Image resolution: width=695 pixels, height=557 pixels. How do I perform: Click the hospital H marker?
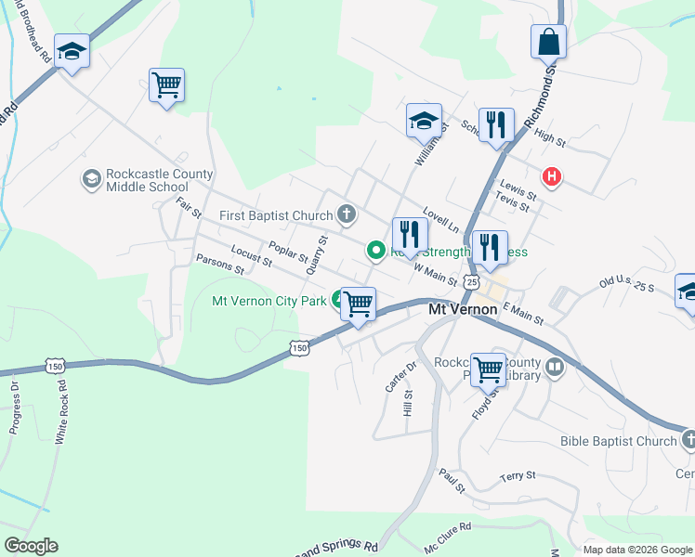[x=552, y=176]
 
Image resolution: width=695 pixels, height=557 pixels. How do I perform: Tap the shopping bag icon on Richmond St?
[x=548, y=42]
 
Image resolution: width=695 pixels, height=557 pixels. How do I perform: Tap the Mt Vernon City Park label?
[x=269, y=301]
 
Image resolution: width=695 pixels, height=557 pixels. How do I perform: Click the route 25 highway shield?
[x=472, y=280]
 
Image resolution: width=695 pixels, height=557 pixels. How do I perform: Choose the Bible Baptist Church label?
[x=619, y=441]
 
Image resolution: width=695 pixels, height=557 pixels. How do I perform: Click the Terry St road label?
[x=518, y=476]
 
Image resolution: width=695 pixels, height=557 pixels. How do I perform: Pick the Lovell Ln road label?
[x=441, y=219]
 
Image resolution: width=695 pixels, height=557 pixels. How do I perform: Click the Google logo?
[x=31, y=546]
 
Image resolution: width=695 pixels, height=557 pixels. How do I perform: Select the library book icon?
[x=555, y=367]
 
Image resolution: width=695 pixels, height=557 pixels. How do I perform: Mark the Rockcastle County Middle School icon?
[x=91, y=177]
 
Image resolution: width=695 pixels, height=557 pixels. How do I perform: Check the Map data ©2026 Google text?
[x=637, y=550]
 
